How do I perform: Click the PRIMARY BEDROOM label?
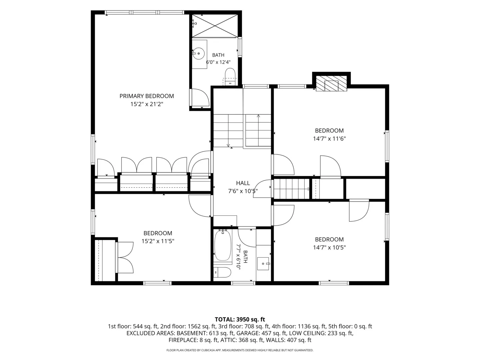click(147, 96)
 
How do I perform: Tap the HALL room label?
click(243, 183)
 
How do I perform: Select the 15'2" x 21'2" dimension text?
click(147, 104)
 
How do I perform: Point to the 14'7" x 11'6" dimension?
click(329, 139)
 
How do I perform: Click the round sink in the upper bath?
click(199, 54)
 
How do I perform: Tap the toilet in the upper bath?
click(230, 77)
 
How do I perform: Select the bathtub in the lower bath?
click(223, 245)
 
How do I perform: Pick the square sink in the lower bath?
click(263, 264)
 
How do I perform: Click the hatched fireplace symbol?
click(331, 83)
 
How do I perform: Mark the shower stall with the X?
click(215, 26)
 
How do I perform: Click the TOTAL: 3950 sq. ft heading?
click(240, 320)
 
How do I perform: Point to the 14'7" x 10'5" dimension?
click(329, 247)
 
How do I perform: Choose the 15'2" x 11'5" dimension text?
click(158, 241)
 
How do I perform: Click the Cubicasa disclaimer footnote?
click(240, 350)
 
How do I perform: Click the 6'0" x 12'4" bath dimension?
click(218, 62)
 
